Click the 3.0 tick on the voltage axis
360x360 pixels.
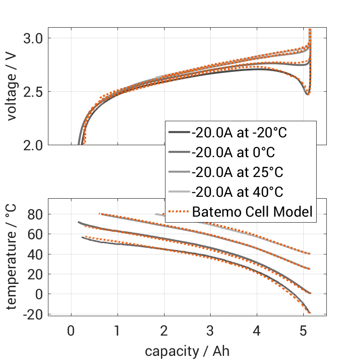[34, 38]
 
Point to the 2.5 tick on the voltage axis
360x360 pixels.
[34, 92]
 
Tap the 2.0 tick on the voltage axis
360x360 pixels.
[34, 145]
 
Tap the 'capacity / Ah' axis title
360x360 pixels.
[187, 351]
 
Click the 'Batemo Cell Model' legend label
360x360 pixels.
[252, 212]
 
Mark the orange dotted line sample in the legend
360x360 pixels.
[178, 212]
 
